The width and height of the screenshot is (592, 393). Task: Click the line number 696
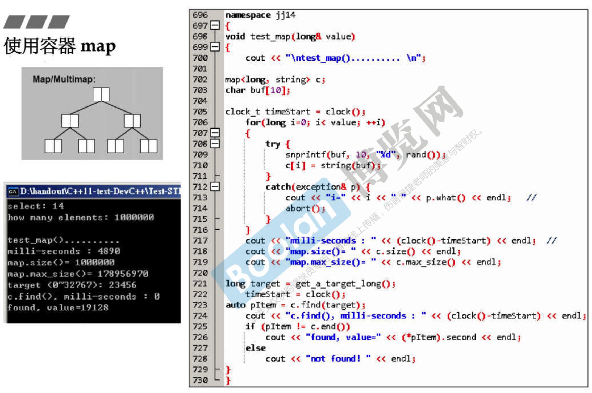point(200,15)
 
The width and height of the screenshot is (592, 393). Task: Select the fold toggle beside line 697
point(215,25)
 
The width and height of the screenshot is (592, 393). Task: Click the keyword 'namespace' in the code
point(248,15)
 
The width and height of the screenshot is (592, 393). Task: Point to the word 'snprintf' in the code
point(306,155)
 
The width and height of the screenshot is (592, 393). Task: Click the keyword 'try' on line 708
point(273,144)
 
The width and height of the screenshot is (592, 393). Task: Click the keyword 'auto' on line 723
point(235,305)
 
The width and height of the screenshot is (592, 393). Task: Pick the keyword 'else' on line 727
point(255,348)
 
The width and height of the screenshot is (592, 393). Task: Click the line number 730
point(200,380)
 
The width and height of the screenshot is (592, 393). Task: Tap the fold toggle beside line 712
point(215,187)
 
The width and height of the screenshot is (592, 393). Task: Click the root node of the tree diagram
point(101,94)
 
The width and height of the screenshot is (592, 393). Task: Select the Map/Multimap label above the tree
point(64,79)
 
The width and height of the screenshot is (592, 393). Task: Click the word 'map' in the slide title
point(98,46)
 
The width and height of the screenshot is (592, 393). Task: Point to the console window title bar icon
point(13,191)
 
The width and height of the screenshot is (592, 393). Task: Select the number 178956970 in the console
point(123,274)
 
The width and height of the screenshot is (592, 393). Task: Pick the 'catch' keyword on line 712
point(278,187)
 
